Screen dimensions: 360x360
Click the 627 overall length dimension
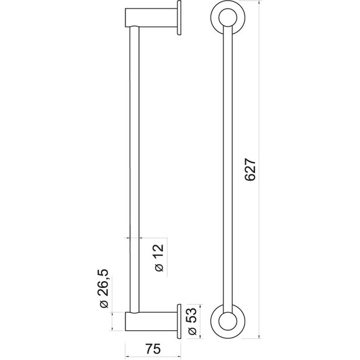[x=250, y=169]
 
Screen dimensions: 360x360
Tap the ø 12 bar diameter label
[x=159, y=258]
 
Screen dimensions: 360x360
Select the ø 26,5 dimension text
[x=104, y=288]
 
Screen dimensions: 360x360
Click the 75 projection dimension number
[x=153, y=349]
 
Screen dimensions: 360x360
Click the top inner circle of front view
[x=228, y=17]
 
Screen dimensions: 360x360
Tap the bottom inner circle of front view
[x=228, y=321]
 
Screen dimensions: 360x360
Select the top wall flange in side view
[x=179, y=17]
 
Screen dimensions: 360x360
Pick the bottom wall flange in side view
[x=179, y=322]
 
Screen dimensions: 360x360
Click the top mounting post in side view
[x=151, y=17]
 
